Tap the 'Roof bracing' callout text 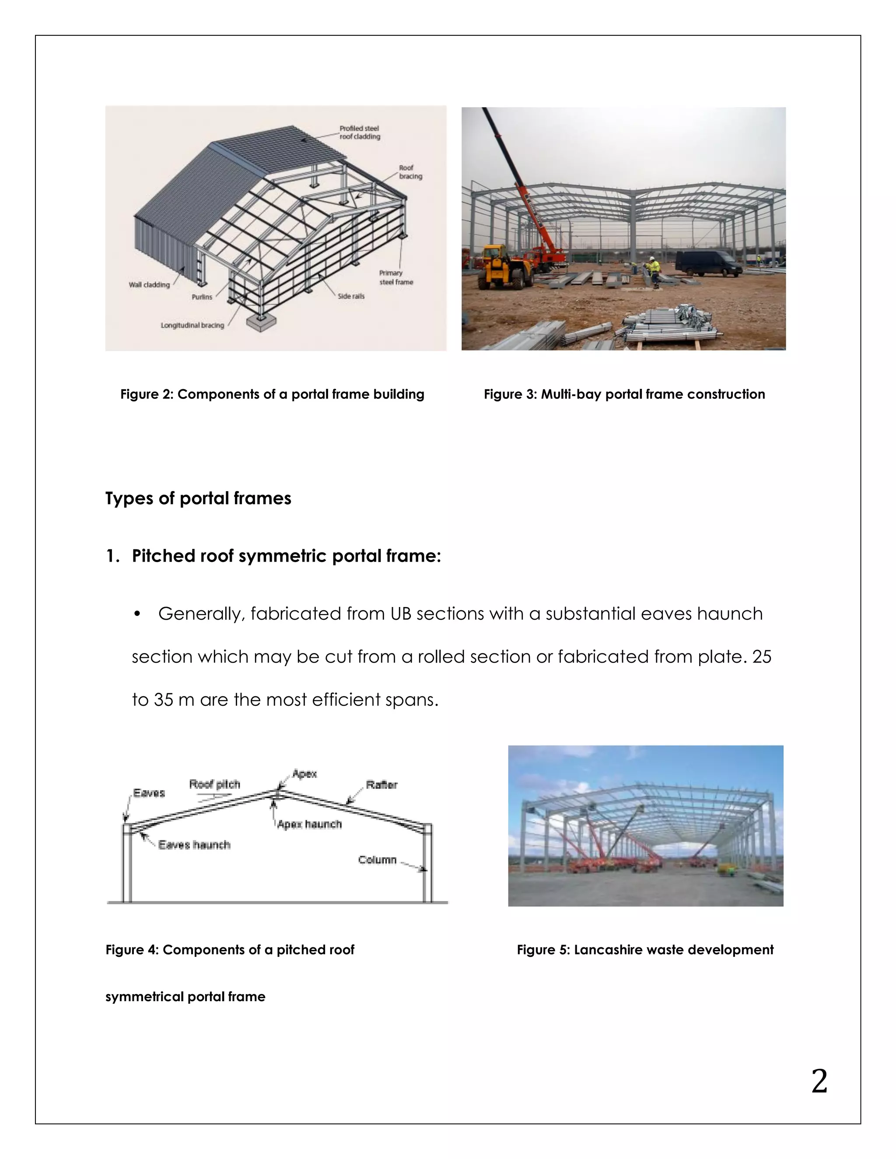point(410,172)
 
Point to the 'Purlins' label point(202,297)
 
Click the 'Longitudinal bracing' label point(192,325)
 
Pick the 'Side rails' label point(351,296)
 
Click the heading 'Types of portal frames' point(198,498)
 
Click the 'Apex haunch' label point(309,824)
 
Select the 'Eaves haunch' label point(194,845)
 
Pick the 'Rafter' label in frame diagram point(381,785)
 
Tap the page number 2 point(819,1081)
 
